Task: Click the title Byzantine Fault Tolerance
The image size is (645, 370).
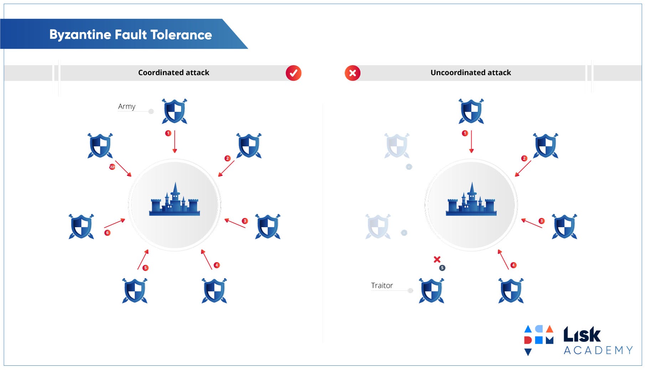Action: (130, 35)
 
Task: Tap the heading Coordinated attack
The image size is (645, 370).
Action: (174, 73)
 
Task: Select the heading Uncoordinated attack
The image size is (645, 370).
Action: (470, 73)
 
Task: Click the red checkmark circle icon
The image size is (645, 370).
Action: (293, 73)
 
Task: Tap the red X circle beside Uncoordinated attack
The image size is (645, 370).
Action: (352, 73)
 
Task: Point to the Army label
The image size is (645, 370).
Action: (127, 106)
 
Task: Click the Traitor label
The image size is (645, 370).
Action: (382, 286)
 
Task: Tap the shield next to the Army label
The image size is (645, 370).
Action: (174, 111)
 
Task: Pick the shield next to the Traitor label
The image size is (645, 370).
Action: (431, 291)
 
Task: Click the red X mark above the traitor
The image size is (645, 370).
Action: (437, 259)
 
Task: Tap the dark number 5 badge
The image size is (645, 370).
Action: (442, 268)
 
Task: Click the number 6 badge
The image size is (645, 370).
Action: (107, 233)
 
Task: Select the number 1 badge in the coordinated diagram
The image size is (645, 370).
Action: (168, 133)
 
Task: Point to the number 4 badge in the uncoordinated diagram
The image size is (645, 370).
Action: (513, 265)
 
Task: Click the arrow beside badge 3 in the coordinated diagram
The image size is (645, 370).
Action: (235, 223)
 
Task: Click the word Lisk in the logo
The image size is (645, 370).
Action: (582, 335)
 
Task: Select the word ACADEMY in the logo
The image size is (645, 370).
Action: (598, 350)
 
